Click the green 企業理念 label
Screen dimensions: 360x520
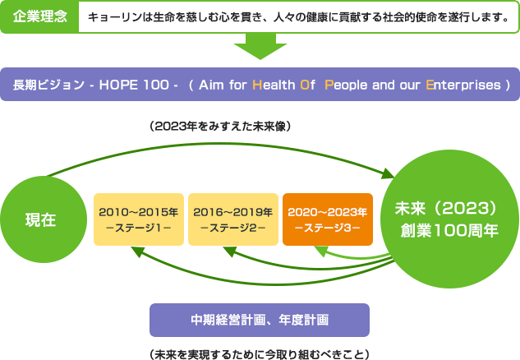(x=39, y=16)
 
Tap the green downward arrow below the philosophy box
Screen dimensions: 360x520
(x=260, y=47)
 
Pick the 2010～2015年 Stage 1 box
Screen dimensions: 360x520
(x=138, y=219)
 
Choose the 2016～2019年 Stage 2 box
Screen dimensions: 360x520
(x=232, y=219)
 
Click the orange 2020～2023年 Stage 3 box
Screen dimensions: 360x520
(x=326, y=219)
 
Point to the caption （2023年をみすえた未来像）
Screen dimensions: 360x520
(x=221, y=126)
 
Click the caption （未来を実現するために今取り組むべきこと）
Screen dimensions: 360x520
(x=260, y=353)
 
